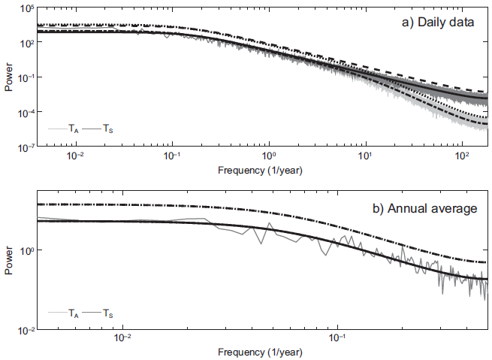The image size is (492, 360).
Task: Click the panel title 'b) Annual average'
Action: [426, 208]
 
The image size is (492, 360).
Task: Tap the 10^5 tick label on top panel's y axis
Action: [25, 9]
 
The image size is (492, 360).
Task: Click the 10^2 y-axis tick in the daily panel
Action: [26, 44]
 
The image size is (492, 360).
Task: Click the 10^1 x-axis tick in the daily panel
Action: [364, 156]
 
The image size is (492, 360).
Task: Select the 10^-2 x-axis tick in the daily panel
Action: [75, 156]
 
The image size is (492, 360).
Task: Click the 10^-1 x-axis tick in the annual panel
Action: [338, 339]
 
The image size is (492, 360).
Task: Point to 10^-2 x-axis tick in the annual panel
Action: [123, 339]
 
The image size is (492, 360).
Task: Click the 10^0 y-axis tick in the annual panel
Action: [26, 250]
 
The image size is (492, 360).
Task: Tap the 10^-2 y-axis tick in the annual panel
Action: [24, 331]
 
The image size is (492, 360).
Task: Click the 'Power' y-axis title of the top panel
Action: [8, 78]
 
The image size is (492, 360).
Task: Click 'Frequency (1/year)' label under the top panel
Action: [260, 170]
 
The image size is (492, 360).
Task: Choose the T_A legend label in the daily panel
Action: [73, 129]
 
